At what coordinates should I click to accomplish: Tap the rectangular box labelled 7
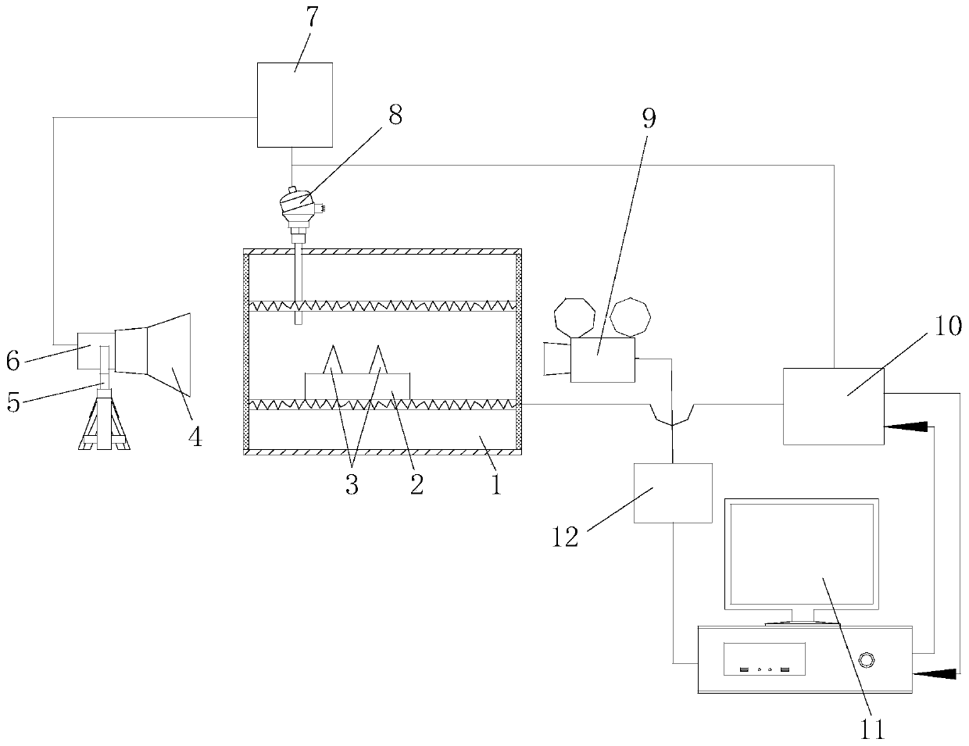[x=295, y=105]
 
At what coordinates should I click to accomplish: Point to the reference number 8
[x=395, y=116]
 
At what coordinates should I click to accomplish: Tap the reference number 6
[x=13, y=360]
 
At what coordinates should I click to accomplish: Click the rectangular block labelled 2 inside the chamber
[x=357, y=387]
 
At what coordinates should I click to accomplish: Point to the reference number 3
[x=351, y=485]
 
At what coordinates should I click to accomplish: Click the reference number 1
[x=495, y=485]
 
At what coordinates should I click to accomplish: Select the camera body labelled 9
[x=602, y=360]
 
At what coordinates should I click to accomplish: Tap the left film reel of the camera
[x=575, y=317]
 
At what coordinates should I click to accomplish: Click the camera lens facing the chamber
[x=556, y=360]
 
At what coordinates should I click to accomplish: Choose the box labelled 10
[x=833, y=406]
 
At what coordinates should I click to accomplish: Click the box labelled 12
[x=673, y=493]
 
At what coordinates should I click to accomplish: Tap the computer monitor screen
[x=800, y=554]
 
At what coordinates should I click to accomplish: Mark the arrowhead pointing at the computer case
[x=933, y=672]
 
